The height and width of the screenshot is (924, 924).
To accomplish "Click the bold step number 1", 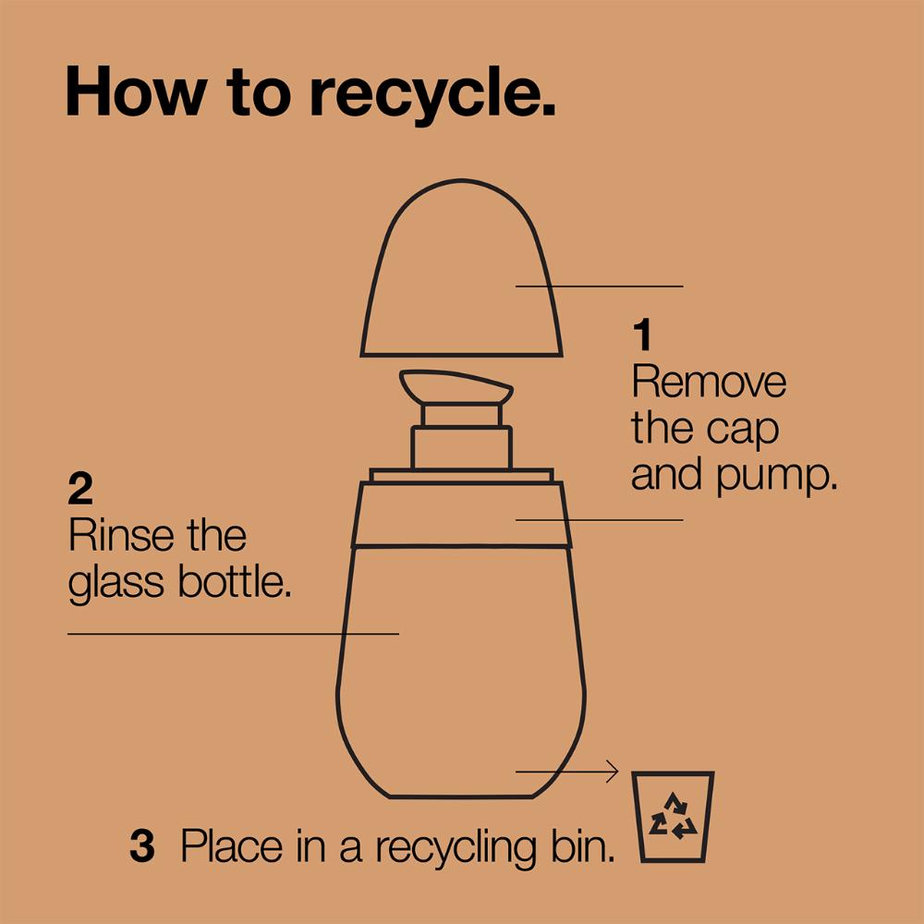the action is coord(643,334).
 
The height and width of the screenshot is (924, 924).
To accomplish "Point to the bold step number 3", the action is coord(142,845).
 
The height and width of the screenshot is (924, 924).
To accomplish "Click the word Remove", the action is coord(709,382).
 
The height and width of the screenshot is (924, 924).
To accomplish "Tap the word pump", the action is coord(777,476).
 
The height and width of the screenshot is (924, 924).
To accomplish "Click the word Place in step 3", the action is coord(232,846).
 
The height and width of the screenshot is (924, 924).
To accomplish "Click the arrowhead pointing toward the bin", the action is coord(613,772).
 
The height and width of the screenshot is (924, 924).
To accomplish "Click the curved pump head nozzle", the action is coord(456,386).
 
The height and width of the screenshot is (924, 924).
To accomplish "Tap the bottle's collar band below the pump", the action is coord(461,515).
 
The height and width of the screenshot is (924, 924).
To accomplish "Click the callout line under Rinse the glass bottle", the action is coord(234,634).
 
